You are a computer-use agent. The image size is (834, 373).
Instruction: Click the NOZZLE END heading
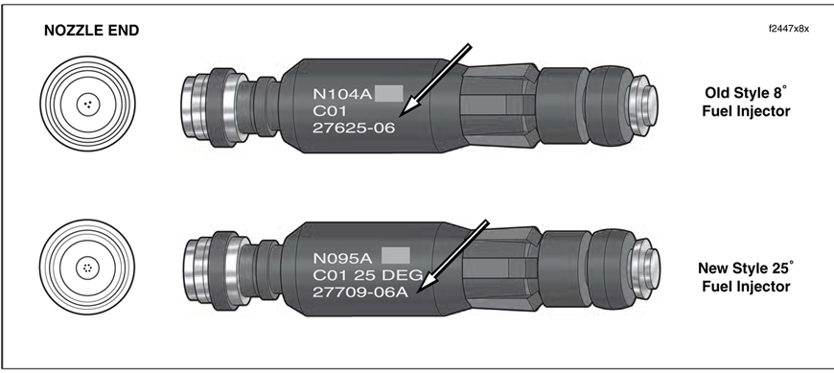click(91, 31)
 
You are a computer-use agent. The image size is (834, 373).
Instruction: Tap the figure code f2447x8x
click(789, 29)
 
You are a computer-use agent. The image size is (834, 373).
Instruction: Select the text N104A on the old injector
click(342, 94)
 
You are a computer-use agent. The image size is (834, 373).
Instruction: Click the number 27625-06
click(354, 128)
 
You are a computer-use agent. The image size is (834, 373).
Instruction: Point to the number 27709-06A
click(360, 292)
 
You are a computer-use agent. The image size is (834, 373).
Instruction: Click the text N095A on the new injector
click(343, 258)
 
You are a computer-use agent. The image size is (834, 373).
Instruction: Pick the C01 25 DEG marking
click(367, 275)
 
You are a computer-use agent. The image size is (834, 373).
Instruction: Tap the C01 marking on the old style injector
click(330, 111)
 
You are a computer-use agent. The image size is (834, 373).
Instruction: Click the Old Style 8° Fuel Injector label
click(746, 102)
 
